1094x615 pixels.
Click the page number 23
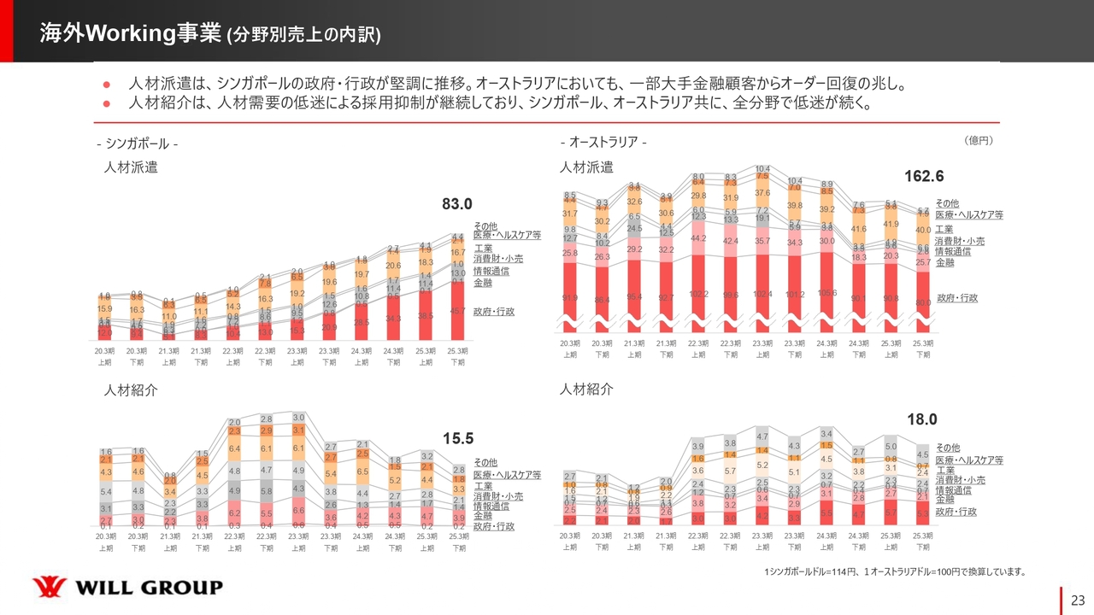click(1077, 600)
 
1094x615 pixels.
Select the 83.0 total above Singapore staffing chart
click(457, 204)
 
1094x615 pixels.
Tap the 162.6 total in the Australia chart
click(924, 176)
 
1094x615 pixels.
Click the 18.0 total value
click(922, 419)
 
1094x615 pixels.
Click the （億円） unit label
click(977, 139)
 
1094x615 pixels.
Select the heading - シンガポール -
click(137, 143)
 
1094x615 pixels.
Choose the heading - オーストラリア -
click(603, 142)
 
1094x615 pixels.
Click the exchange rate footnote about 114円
click(895, 571)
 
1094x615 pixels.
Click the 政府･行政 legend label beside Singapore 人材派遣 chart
click(494, 312)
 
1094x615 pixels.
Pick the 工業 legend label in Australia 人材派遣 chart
click(944, 229)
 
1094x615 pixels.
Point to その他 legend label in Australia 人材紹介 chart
click(947, 448)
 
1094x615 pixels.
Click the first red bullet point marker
click(107, 85)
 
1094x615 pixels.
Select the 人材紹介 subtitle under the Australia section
click(585, 389)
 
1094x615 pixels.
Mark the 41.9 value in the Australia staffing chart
click(891, 224)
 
